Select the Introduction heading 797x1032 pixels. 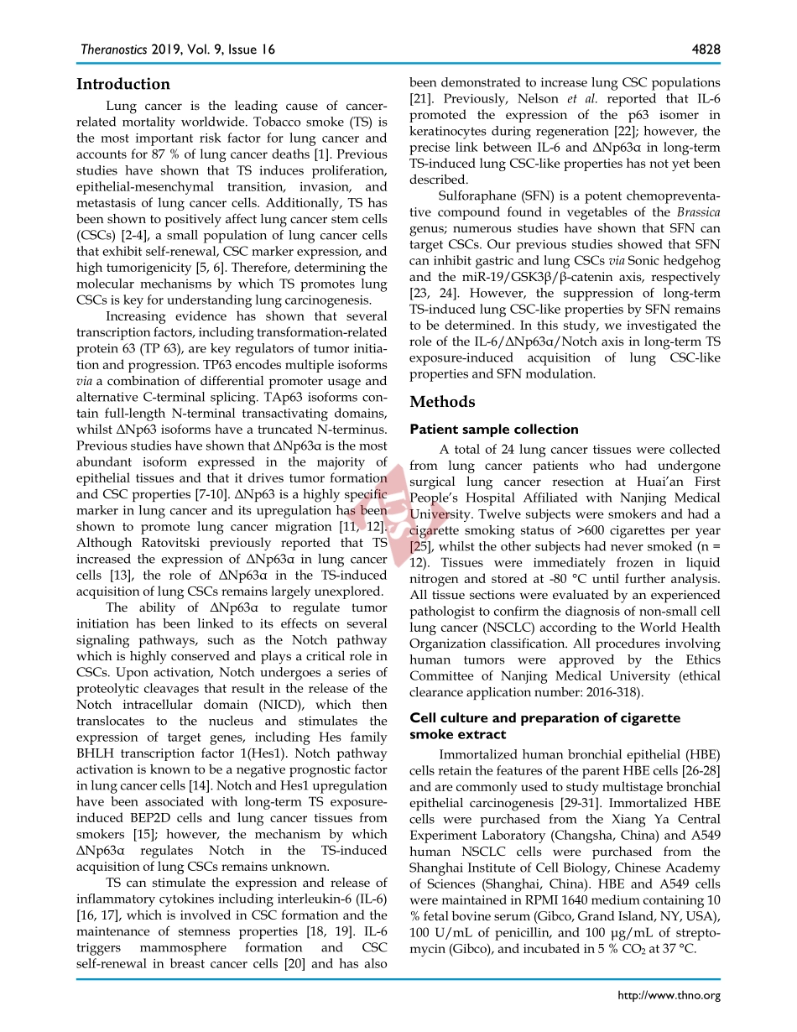tap(123, 84)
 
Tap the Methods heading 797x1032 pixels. tap(442, 402)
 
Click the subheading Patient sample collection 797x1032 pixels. tap(494, 430)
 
